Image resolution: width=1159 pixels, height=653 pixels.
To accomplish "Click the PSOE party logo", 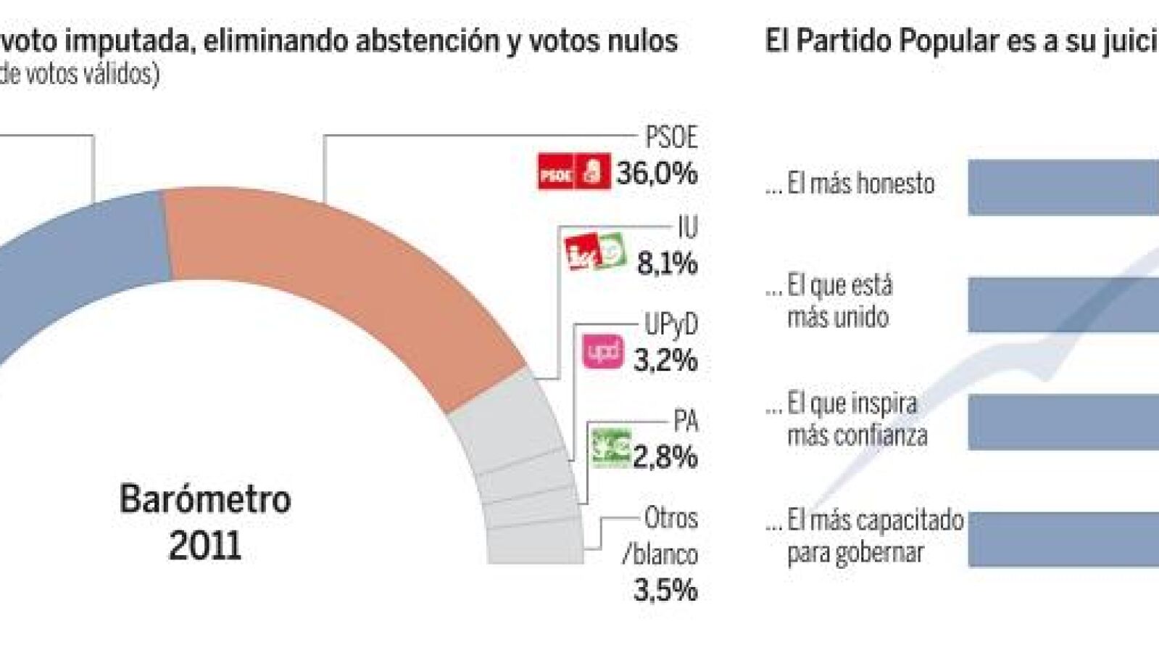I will [x=573, y=172].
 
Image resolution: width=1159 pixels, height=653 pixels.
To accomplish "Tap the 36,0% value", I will [x=657, y=173].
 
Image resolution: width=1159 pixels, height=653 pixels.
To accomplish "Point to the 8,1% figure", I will [x=667, y=263].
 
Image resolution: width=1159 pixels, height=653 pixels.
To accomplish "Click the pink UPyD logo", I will [x=602, y=351].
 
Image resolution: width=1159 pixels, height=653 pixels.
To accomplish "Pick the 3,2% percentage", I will [x=665, y=360].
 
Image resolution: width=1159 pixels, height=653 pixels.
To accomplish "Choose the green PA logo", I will [x=610, y=448].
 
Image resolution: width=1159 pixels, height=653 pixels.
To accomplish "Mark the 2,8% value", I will [x=665, y=457].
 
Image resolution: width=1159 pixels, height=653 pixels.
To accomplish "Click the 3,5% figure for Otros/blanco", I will [x=665, y=590].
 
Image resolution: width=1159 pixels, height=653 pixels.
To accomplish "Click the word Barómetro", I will [x=205, y=499].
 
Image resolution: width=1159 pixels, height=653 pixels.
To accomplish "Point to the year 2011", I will [x=204, y=546].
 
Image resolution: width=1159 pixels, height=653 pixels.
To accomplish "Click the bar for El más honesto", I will [x=1063, y=187].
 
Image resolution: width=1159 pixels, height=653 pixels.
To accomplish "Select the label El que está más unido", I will [x=839, y=301].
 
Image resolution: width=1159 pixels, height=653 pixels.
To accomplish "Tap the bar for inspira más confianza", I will [x=1063, y=422].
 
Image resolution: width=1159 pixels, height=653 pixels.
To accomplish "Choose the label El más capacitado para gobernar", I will [x=875, y=536].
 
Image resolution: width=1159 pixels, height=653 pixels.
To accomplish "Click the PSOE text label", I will [x=670, y=137].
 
